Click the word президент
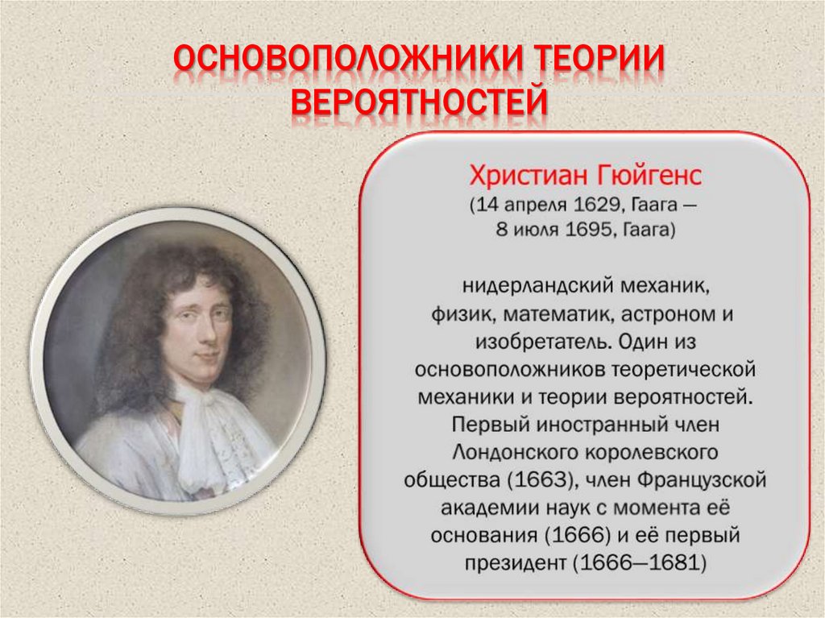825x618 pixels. [516, 562]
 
